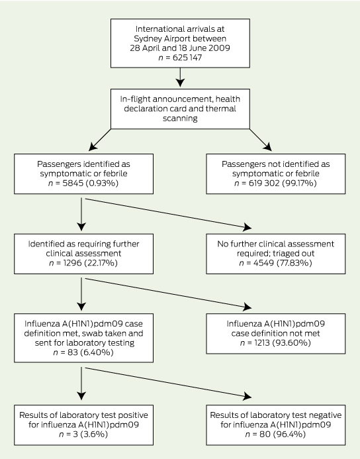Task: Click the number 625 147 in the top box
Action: coord(187,58)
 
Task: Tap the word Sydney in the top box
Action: coord(147,39)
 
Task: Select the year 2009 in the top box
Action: coord(220,48)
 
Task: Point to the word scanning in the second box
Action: coord(180,119)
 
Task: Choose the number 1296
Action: coord(72,263)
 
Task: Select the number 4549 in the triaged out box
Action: coord(263,263)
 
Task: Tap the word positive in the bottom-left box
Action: coord(134,415)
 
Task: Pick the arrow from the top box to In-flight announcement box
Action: coord(180,77)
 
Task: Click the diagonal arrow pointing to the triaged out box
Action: coord(168,213)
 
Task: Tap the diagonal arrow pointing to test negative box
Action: coord(168,383)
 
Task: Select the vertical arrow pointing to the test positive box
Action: coord(81,383)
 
